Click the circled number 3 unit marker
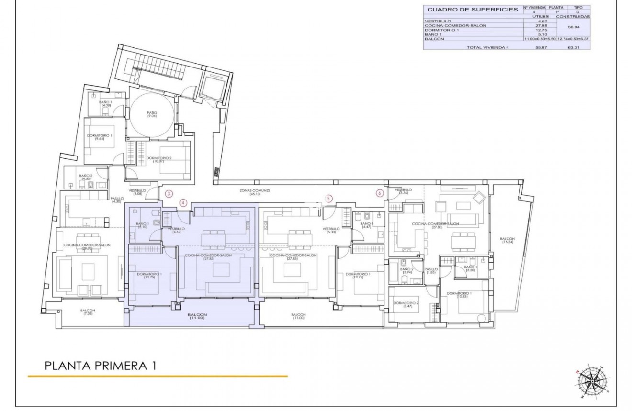[169, 194]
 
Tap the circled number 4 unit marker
[183, 203]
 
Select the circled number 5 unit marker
[328, 198]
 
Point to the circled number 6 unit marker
[380, 193]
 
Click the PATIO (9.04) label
[152, 114]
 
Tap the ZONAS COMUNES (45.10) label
[255, 191]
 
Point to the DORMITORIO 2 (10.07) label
[159, 159]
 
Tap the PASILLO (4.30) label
[117, 200]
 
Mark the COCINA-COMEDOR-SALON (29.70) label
[87, 246]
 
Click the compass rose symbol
[592, 382]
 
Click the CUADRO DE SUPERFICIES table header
[472, 9]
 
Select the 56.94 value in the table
[573, 27]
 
